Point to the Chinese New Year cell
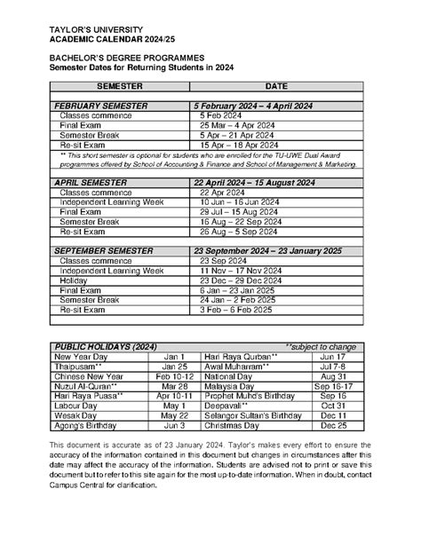[89, 375]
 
